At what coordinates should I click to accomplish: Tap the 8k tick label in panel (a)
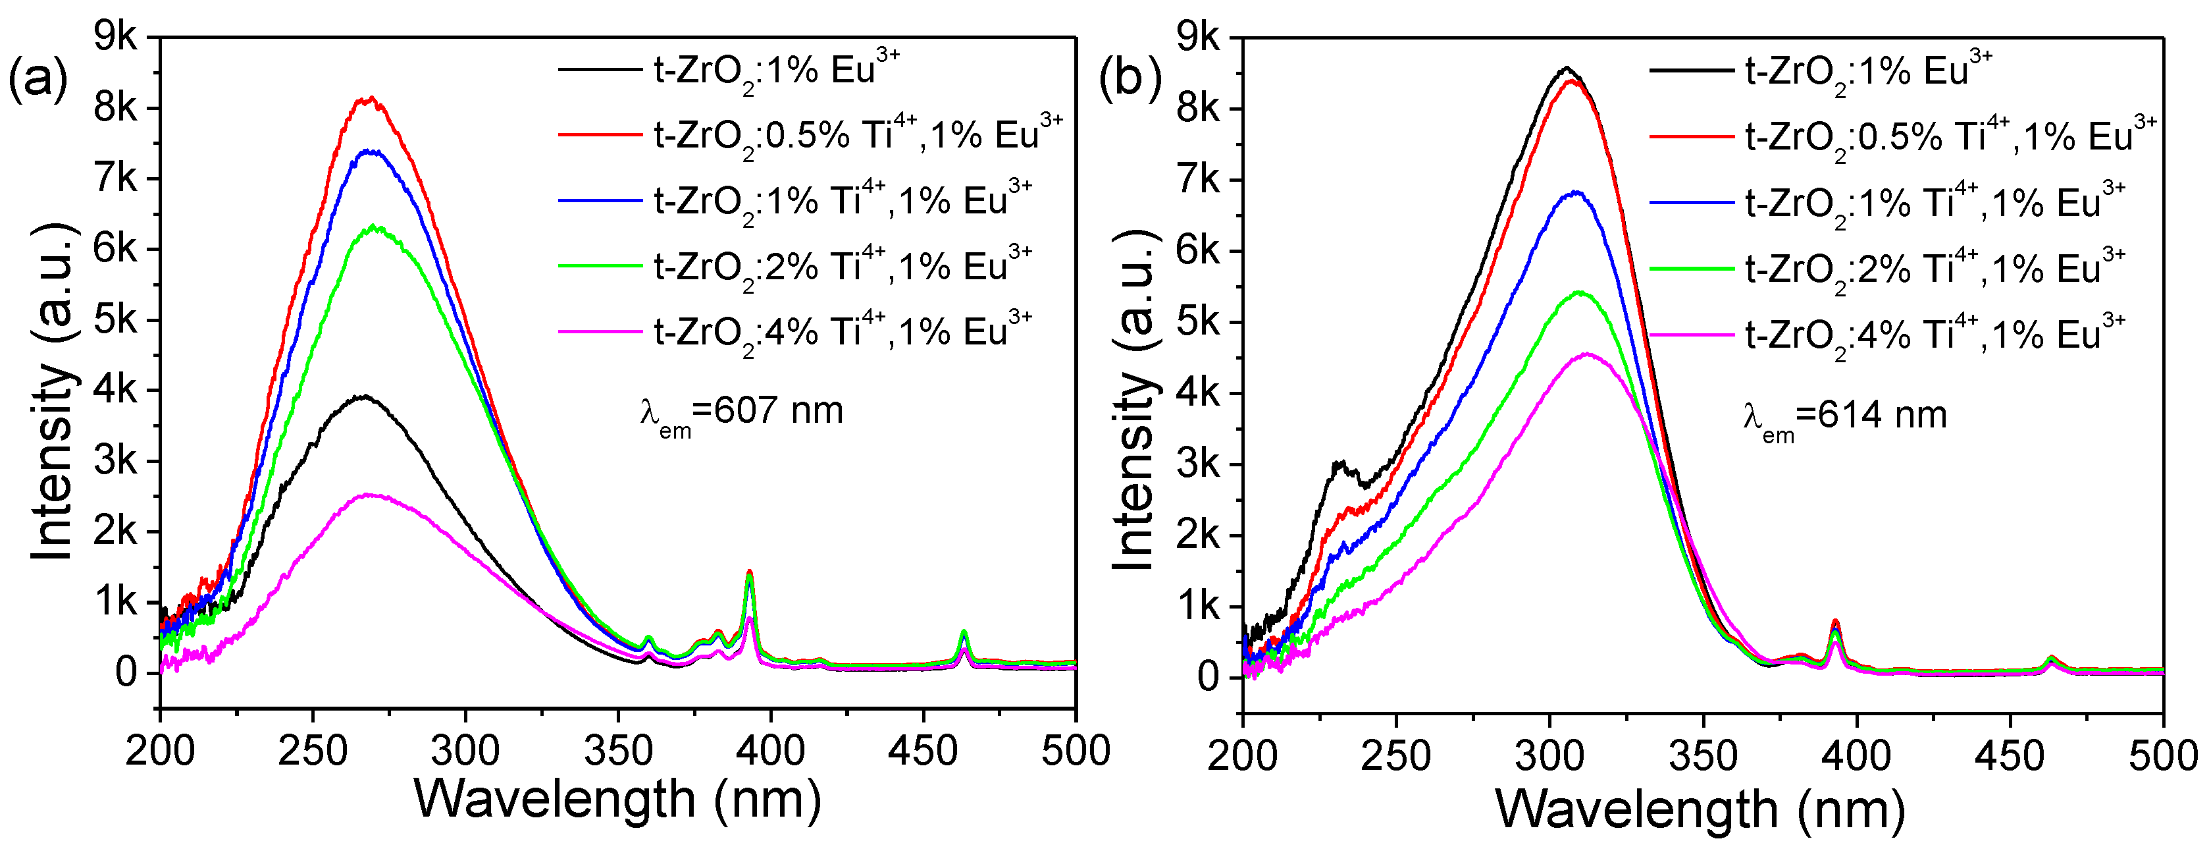(115, 108)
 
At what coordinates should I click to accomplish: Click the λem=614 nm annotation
(1844, 417)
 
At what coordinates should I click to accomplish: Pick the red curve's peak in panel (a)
(369, 99)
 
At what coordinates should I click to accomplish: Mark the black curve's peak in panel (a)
(365, 396)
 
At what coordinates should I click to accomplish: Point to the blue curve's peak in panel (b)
(1575, 192)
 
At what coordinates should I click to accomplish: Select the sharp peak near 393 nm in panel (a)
(750, 572)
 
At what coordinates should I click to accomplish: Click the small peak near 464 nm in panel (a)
(964, 633)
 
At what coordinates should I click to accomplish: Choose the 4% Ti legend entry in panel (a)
(798, 332)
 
